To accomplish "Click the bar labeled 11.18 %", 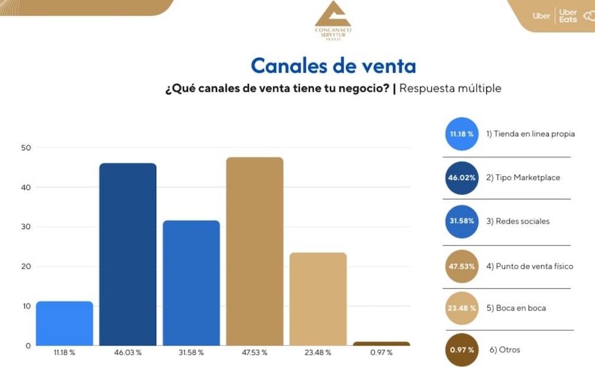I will tap(64, 323).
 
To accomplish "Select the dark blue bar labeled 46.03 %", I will tap(128, 255).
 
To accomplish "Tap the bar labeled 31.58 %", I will tap(191, 283).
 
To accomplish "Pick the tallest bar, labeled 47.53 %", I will tap(255, 252).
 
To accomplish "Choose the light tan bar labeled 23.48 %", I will tap(318, 299).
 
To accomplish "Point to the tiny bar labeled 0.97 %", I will tap(381, 343).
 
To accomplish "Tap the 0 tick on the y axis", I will tap(27, 346).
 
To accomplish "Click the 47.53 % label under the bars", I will tap(255, 353).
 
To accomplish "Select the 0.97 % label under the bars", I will tap(381, 353).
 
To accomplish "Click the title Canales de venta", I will tap(333, 66).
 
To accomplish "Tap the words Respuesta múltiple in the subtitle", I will tap(450, 88).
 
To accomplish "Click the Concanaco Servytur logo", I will tap(333, 21).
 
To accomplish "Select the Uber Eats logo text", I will tap(568, 16).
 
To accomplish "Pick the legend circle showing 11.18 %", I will tap(461, 134).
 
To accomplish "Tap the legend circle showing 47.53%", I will tap(461, 266).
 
